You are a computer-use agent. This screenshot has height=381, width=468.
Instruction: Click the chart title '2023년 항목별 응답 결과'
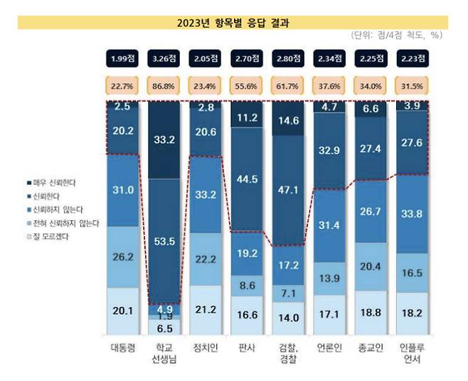(x=233, y=23)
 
